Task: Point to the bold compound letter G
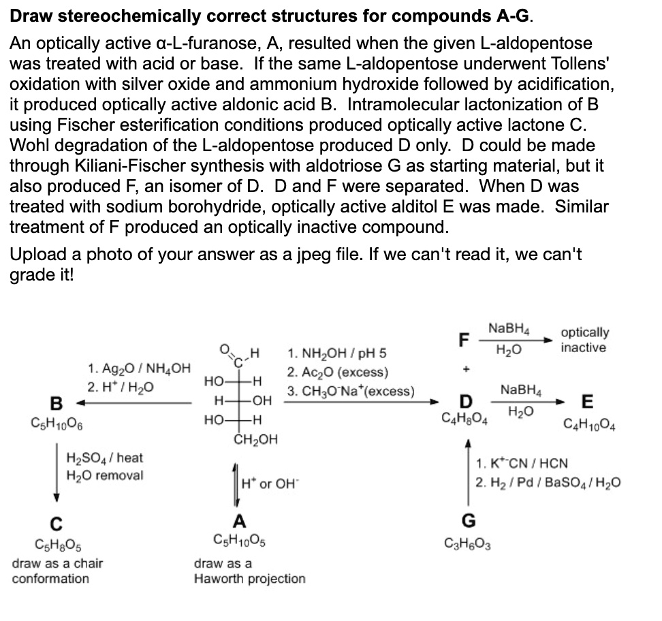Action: pos(469,522)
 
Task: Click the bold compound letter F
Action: pos(464,338)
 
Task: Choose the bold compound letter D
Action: pos(465,400)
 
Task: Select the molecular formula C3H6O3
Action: pos(469,543)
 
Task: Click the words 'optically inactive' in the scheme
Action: pos(584,340)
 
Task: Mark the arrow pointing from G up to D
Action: pos(468,470)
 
